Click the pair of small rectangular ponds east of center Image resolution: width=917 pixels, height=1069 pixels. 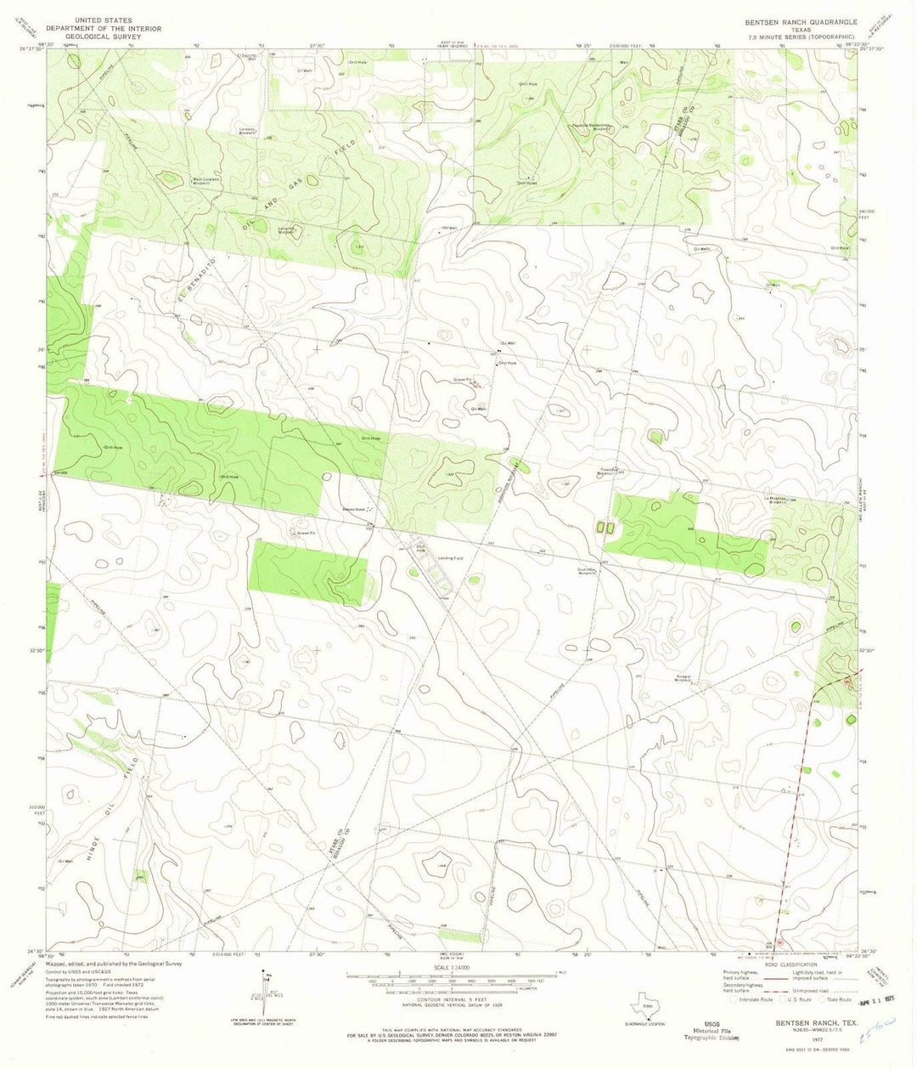(x=605, y=528)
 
